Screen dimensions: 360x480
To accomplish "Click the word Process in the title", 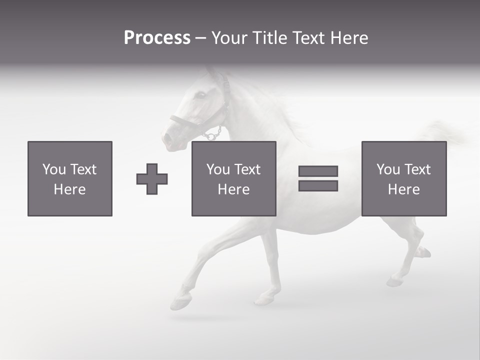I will coord(157,38).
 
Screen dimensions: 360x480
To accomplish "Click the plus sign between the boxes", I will coord(152,179).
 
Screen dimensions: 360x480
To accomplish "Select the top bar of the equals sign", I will coord(318,171).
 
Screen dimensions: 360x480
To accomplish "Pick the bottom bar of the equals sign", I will coord(318,185).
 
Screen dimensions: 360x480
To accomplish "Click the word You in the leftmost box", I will coord(54,169).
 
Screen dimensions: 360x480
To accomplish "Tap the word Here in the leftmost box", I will coord(69,189).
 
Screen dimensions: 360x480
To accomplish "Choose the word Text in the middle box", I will coord(247,169).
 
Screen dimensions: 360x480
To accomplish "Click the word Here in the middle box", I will coord(233,189).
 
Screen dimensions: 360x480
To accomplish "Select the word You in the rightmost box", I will coord(388,169).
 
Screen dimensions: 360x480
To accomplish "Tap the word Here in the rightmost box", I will coord(403,189).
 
